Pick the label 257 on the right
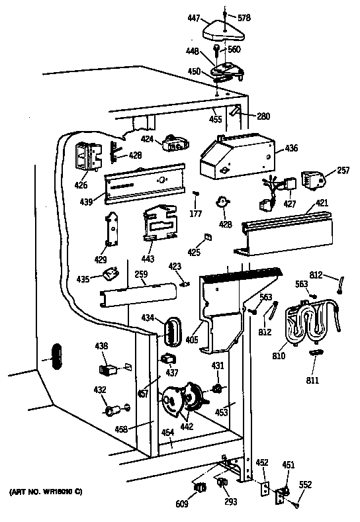(343, 171)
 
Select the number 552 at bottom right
(305, 484)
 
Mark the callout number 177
(196, 215)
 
